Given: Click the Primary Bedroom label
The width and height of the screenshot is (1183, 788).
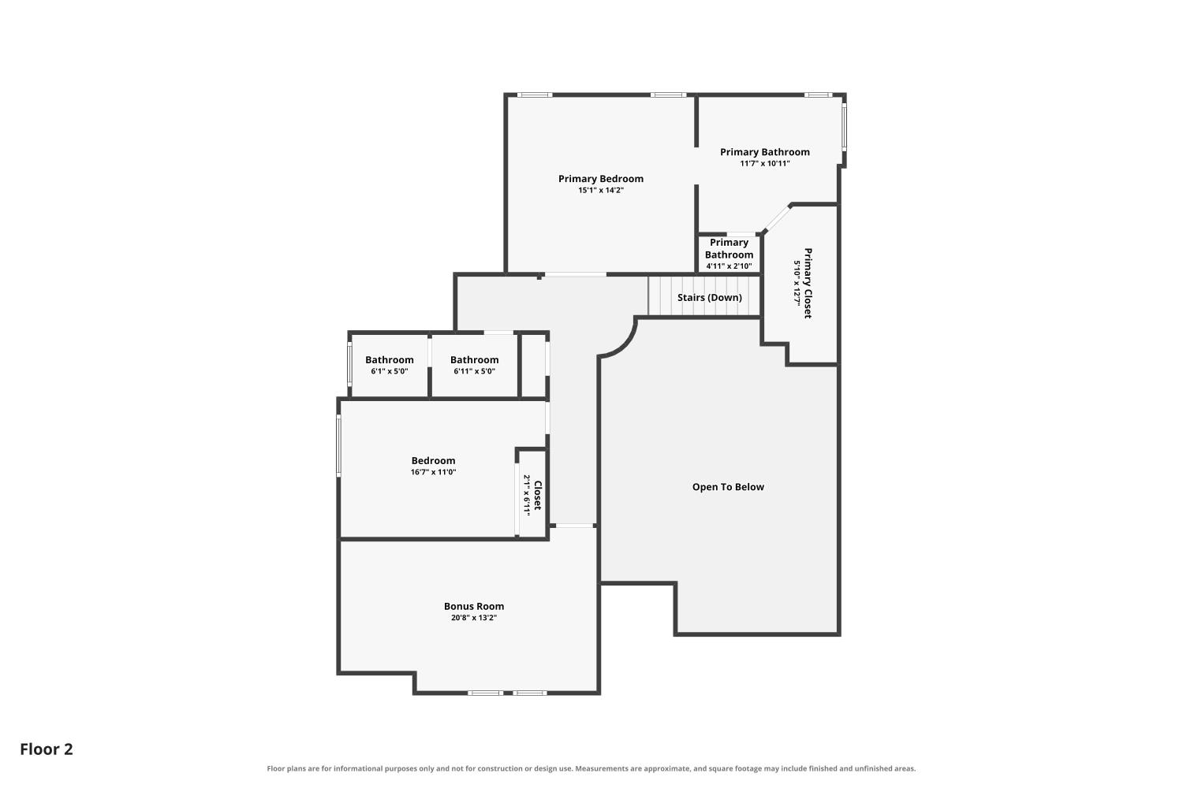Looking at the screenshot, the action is [x=600, y=179].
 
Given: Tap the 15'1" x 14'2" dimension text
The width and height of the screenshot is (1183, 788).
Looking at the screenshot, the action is [x=600, y=191].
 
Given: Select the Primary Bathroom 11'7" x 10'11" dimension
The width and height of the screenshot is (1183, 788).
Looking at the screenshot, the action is [x=765, y=164].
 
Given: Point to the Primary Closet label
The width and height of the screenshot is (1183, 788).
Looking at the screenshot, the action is [x=808, y=283].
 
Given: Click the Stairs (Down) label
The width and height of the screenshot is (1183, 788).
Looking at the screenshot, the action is [x=709, y=298].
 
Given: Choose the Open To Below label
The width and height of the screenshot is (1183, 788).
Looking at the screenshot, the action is [x=728, y=487].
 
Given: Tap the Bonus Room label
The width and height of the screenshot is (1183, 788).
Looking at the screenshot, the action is [x=474, y=607].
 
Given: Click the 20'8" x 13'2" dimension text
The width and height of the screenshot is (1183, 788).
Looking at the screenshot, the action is [x=474, y=618].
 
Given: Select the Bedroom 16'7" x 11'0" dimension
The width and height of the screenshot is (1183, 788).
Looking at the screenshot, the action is [x=433, y=472].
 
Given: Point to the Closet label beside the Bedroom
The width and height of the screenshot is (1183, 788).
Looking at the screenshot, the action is [x=538, y=495].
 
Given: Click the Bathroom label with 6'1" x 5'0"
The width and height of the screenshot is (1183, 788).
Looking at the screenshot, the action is [x=390, y=360].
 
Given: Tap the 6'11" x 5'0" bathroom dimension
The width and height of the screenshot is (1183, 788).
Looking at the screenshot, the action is [x=474, y=372].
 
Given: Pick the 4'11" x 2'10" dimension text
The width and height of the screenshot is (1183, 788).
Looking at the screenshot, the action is [x=729, y=266].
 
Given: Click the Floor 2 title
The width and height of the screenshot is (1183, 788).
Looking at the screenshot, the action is [x=47, y=749].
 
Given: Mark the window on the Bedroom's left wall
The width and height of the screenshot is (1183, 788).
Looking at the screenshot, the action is [x=339, y=446].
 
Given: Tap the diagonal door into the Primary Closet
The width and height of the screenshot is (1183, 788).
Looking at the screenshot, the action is [x=777, y=218].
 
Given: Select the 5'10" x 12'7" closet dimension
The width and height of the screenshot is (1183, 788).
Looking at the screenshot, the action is [x=797, y=283].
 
